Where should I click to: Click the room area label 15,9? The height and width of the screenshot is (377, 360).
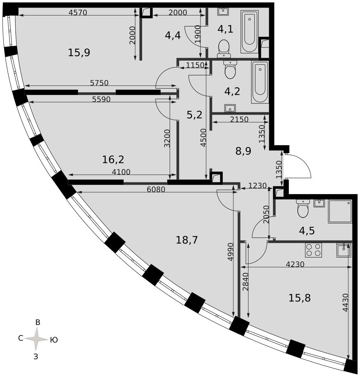[x=79, y=52]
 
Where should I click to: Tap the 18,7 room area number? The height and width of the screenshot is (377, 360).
[x=187, y=240]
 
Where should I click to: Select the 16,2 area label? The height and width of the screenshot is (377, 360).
[x=113, y=159]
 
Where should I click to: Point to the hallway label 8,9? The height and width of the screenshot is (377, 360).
[x=244, y=151]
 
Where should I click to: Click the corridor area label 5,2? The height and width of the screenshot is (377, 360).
[x=195, y=115]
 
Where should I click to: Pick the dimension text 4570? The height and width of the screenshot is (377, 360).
[x=78, y=12]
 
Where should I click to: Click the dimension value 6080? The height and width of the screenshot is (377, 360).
[x=156, y=189]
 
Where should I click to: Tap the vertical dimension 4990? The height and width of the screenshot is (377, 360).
[x=230, y=252]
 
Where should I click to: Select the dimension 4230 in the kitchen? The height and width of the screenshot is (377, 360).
[x=295, y=264]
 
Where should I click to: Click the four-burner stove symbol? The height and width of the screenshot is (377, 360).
[x=313, y=250]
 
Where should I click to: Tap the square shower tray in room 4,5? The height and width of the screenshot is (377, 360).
[x=340, y=211]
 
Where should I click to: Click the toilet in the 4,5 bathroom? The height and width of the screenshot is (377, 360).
[x=303, y=208]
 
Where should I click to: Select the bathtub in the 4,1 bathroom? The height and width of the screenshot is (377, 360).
[x=250, y=32]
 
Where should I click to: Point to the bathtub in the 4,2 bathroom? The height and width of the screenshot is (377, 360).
[x=260, y=82]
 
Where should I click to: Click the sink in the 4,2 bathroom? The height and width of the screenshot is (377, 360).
[x=230, y=108]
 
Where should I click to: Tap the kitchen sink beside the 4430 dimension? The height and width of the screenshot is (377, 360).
[x=344, y=250]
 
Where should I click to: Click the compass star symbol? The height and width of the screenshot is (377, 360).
[x=37, y=339]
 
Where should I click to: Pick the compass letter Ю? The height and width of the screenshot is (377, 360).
[x=54, y=340]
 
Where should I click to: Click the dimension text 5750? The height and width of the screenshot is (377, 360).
[x=99, y=83]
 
